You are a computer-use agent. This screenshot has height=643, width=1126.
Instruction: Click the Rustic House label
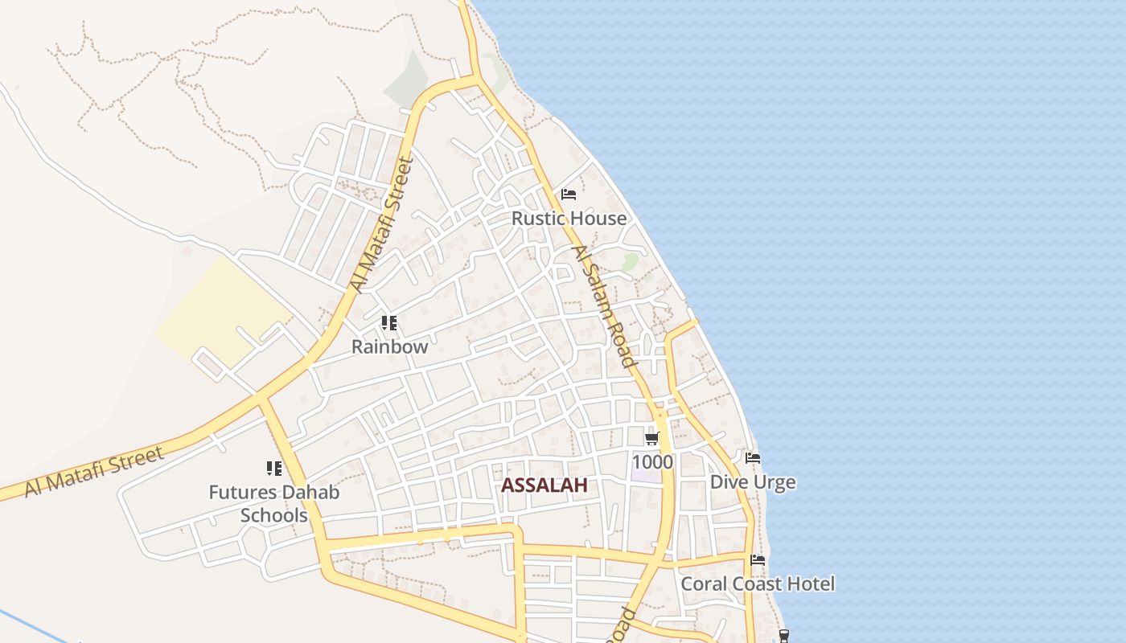[x=569, y=219]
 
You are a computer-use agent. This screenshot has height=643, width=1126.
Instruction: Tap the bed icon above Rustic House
[x=569, y=195]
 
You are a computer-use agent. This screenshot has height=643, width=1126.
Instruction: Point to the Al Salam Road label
[x=602, y=306]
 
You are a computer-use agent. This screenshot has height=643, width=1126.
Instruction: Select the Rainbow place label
[x=390, y=347]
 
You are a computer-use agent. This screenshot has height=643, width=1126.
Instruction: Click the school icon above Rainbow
[x=389, y=323]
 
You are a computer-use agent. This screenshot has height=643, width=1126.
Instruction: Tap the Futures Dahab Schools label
[x=274, y=504]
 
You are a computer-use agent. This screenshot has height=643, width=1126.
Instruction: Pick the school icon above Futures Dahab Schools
[x=274, y=468]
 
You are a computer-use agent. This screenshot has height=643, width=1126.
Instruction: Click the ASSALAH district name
[x=545, y=485]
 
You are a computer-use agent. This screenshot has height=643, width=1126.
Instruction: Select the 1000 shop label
[x=652, y=462]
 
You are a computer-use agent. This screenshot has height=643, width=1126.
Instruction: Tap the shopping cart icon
[x=652, y=439]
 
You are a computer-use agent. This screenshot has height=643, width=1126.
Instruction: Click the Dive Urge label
[x=753, y=482]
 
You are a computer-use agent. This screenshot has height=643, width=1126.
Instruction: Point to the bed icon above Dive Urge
[x=753, y=458]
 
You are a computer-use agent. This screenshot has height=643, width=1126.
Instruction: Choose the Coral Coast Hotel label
[x=758, y=584]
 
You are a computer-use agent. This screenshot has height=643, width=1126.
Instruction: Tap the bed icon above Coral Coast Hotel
[x=758, y=560]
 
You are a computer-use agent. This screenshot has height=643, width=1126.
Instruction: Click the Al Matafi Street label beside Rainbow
[x=381, y=225]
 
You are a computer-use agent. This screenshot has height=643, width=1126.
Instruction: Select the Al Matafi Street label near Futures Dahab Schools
[x=94, y=472]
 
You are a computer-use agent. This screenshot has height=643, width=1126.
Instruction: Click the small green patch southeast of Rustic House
[x=631, y=262]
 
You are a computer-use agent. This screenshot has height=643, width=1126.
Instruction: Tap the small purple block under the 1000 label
[x=646, y=476]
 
